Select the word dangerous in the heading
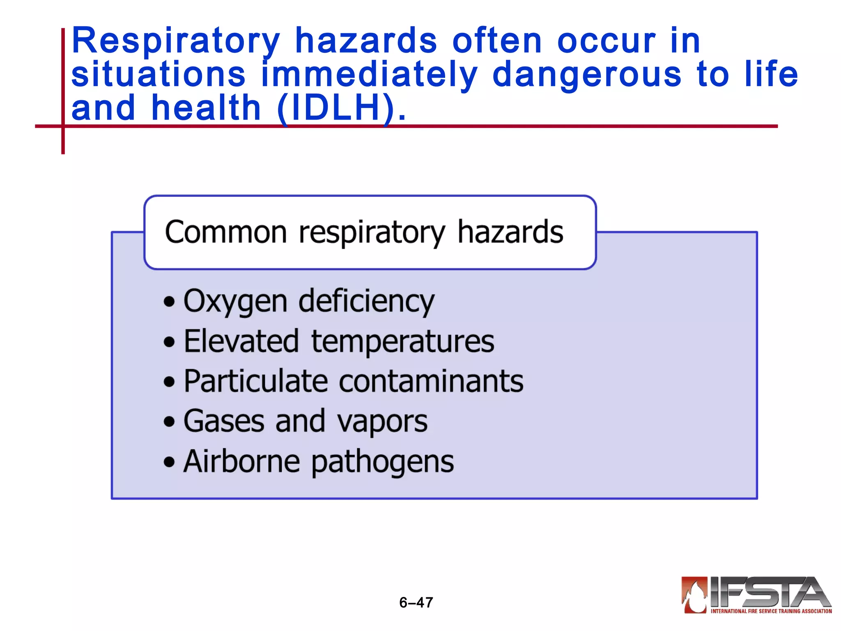point(587,74)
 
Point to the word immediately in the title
point(369,74)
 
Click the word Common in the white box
point(226,233)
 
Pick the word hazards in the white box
point(510,232)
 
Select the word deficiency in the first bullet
point(366,301)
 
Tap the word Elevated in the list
point(241,341)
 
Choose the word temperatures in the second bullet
point(403,342)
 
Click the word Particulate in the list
point(256,381)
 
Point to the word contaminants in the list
point(431,381)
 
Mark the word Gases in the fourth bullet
point(224,421)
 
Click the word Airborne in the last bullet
point(241,461)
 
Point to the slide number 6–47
point(416,603)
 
